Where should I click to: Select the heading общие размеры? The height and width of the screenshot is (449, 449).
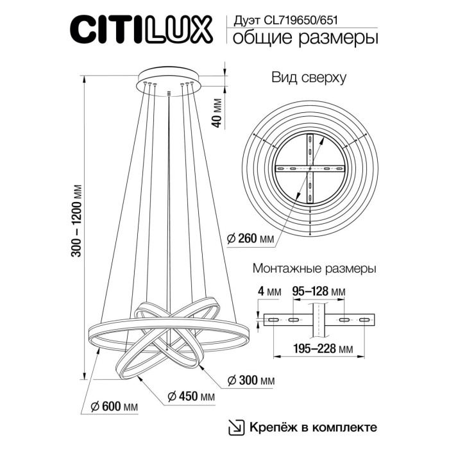point(303,38)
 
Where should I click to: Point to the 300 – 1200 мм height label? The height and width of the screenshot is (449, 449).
point(77,222)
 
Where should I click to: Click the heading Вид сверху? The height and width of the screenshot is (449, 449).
point(309,78)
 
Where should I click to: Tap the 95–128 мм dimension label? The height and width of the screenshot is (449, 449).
point(319,292)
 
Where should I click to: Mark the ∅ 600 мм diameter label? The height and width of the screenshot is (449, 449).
point(115,407)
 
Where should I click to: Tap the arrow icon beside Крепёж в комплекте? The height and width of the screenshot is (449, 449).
point(237,427)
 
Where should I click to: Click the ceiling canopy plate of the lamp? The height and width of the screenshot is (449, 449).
point(169,79)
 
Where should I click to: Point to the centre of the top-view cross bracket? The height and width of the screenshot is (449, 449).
point(310,168)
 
